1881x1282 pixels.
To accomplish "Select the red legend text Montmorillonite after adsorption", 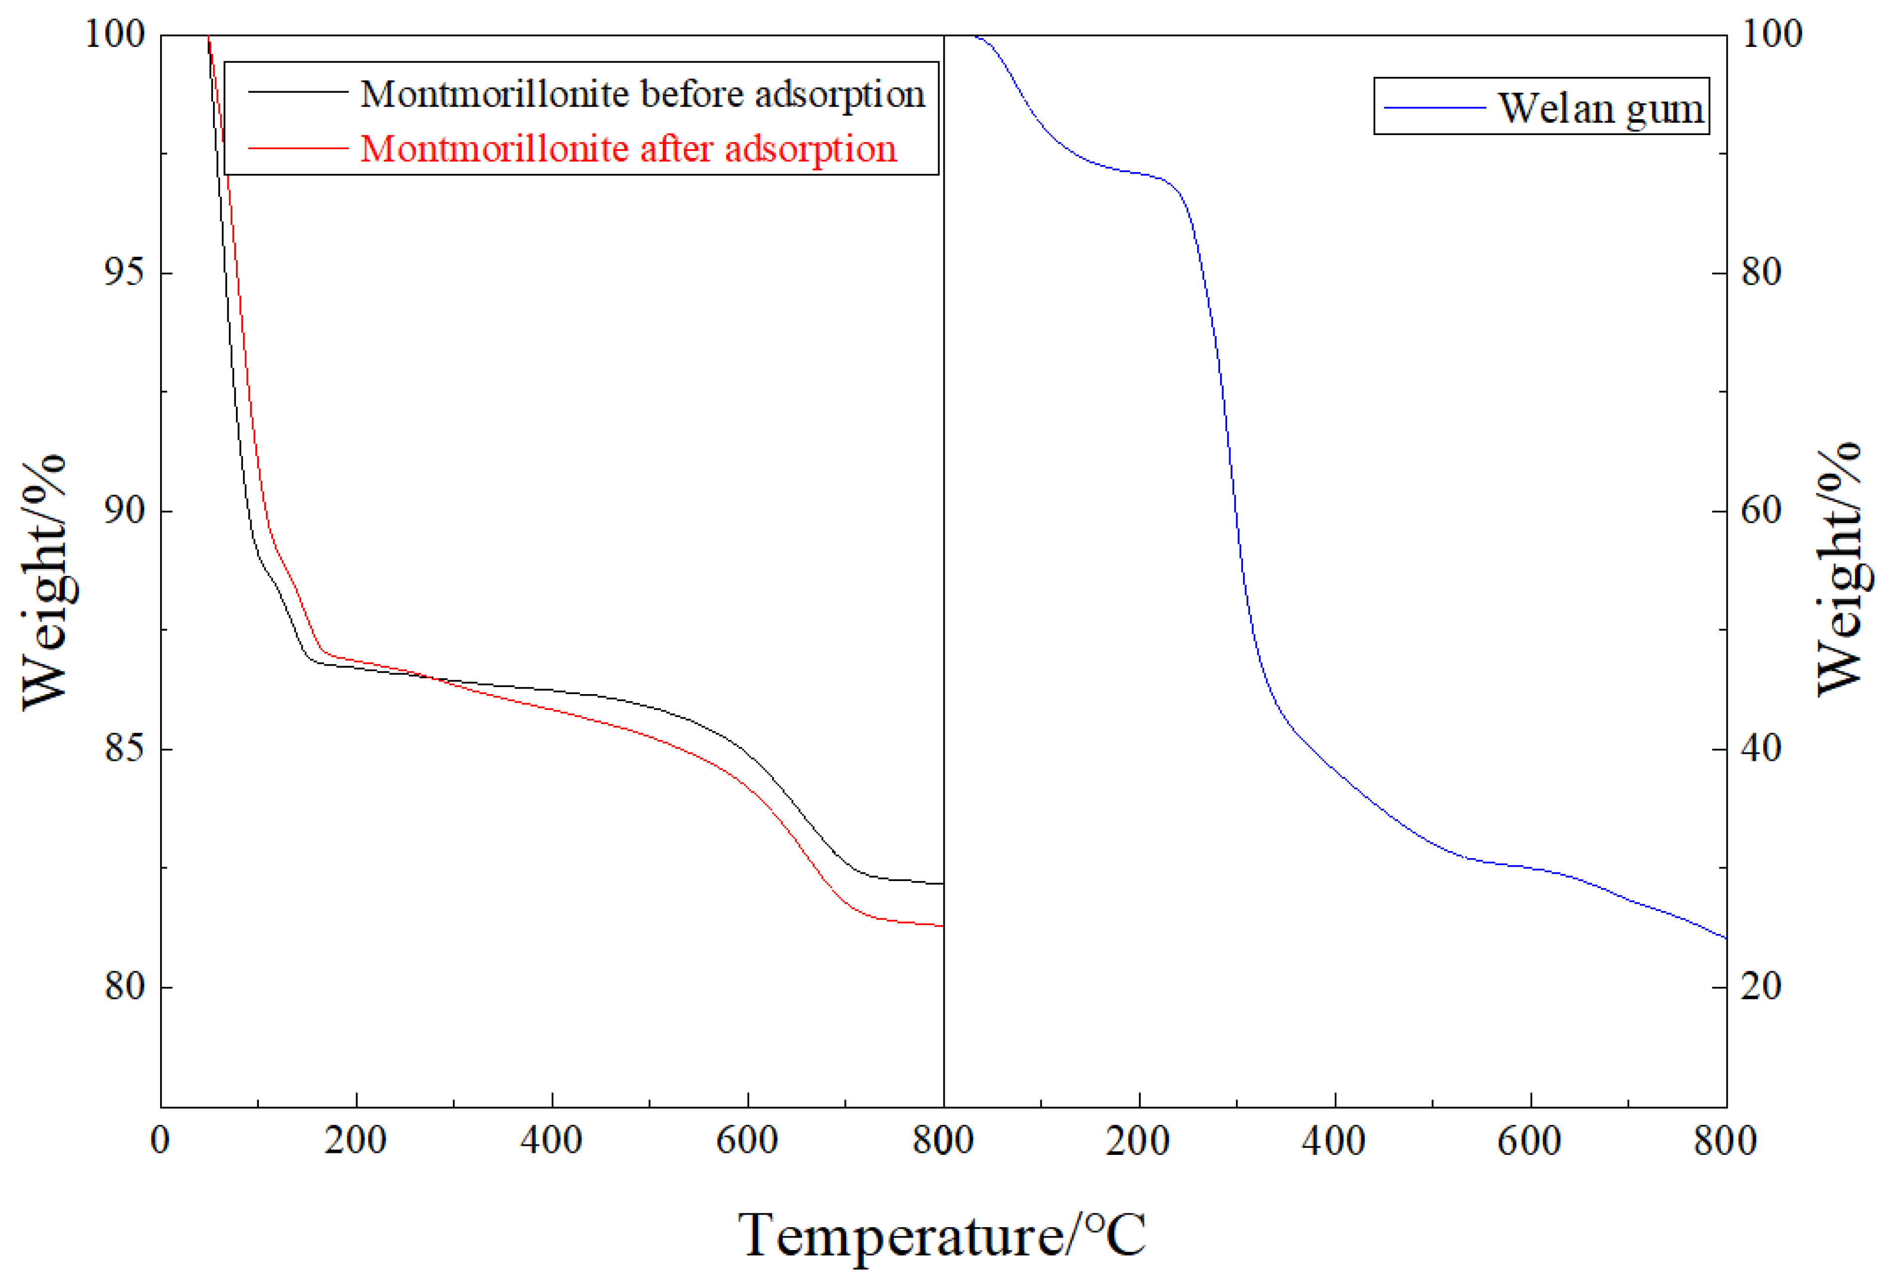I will [628, 149].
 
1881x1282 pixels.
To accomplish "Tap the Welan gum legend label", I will [1600, 108].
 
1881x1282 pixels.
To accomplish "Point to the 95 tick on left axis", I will [124, 273].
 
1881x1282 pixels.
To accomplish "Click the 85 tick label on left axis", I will [124, 748].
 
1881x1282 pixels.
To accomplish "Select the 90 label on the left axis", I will [124, 511].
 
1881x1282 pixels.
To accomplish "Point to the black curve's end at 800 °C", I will [942, 884].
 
